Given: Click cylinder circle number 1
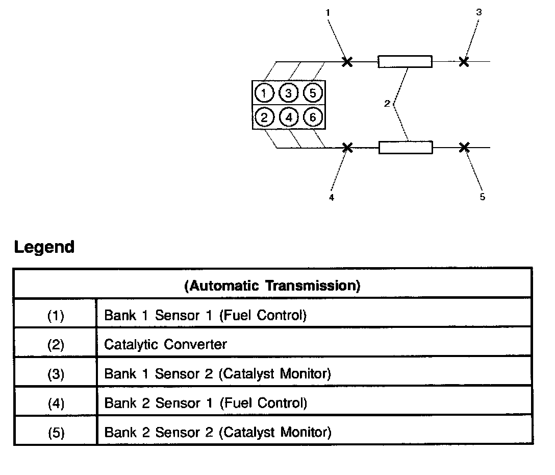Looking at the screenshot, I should (264, 93).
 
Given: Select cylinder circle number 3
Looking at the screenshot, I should (289, 93).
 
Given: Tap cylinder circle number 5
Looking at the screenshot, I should (313, 93).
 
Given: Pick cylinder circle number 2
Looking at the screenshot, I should (264, 118).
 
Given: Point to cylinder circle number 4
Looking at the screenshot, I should (289, 118).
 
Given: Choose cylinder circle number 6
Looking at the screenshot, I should (313, 118).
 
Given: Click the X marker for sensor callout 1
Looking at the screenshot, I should (347, 62).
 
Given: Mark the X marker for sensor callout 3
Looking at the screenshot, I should (464, 62).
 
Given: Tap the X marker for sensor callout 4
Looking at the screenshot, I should (347, 148).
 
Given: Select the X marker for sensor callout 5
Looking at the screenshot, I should (464, 148).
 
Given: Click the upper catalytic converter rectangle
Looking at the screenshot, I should (405, 62).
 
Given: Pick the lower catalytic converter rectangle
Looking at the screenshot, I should (406, 148).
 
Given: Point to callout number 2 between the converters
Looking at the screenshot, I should (387, 104).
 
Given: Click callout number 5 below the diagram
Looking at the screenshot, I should (483, 198).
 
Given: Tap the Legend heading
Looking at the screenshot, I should (44, 247).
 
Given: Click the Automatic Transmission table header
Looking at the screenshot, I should (272, 286).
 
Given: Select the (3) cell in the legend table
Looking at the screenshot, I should (56, 374).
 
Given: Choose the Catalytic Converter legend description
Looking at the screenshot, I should (165, 345).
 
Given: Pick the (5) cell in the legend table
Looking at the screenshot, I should (56, 433).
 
